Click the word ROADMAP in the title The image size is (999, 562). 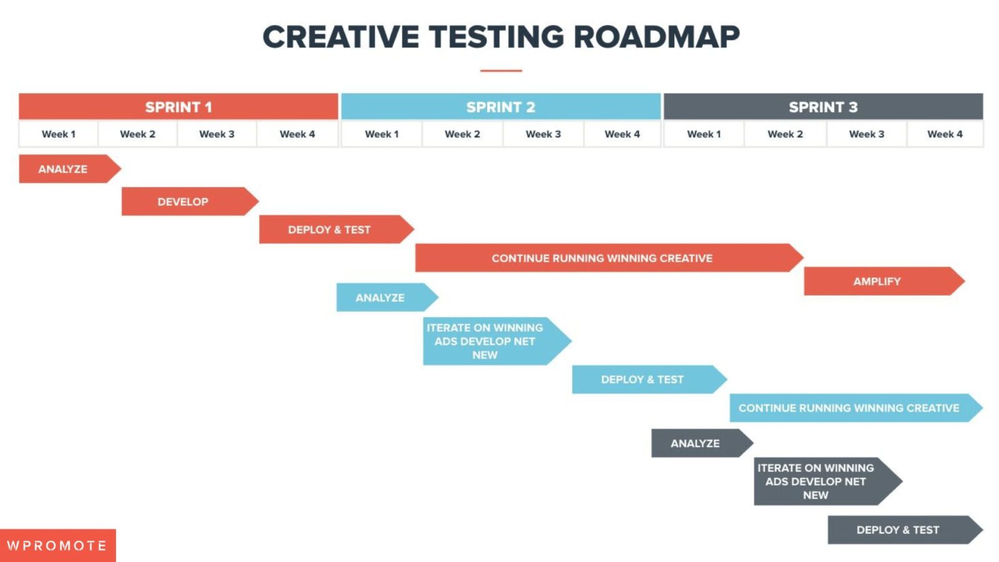[x=656, y=37]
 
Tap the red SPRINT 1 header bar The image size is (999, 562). [x=179, y=107]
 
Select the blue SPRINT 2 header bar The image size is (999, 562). [x=501, y=107]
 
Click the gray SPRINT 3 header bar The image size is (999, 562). [x=823, y=107]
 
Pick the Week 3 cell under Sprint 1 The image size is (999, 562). [x=217, y=134]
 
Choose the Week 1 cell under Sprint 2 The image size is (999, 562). [x=381, y=134]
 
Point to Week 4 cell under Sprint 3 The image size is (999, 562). [x=945, y=134]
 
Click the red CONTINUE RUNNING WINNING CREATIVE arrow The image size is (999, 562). [x=602, y=258]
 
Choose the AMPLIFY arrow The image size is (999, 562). [x=878, y=282]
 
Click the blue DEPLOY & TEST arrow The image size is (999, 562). [x=643, y=380]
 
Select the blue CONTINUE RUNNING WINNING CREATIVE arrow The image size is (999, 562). [x=849, y=408]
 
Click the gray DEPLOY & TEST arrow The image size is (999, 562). [x=898, y=530]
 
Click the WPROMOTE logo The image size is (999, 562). [x=57, y=546]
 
